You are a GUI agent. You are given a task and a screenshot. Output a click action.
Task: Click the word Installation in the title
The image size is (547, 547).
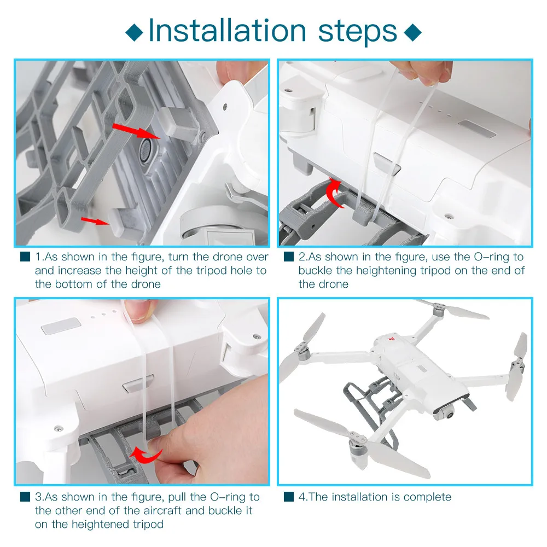click(x=227, y=31)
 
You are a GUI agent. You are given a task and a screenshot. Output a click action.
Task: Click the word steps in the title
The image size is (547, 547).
click(x=358, y=32)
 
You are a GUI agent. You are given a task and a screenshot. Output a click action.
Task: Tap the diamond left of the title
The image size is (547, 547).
click(x=135, y=32)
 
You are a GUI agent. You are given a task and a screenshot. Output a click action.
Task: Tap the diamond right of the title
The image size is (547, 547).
click(x=412, y=32)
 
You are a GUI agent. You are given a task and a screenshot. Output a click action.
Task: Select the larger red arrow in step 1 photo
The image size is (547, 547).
click(x=136, y=131)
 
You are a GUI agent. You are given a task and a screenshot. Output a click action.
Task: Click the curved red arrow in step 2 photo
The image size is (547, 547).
click(x=334, y=193)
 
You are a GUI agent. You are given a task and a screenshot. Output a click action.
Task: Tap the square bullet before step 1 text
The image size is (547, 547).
click(x=25, y=257)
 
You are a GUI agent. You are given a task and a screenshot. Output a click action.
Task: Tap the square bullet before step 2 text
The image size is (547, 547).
click(x=288, y=257)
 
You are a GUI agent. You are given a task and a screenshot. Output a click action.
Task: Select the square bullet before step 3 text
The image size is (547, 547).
click(x=25, y=497)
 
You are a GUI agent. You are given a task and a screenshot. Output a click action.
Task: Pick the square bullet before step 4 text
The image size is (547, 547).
click(x=288, y=497)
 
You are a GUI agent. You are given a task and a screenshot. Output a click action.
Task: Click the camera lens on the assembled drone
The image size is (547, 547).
click(x=450, y=415)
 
